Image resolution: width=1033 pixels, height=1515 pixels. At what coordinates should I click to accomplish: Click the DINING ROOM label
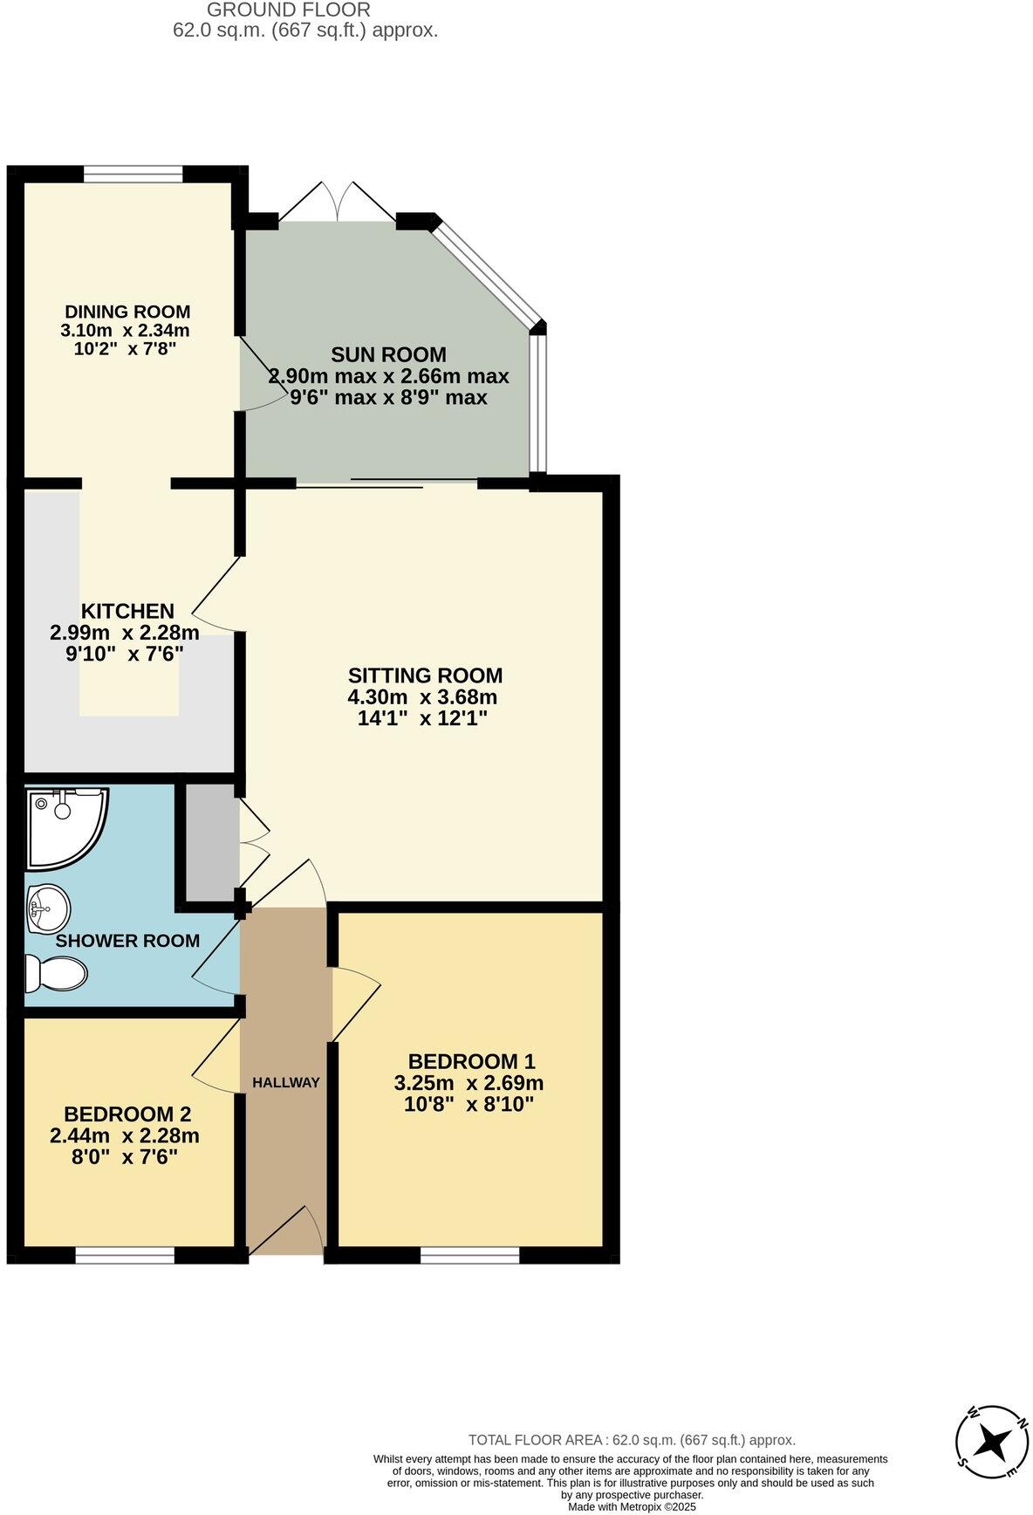pyautogui.click(x=127, y=312)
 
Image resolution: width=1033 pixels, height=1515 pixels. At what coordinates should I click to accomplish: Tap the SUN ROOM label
pyautogui.click(x=388, y=354)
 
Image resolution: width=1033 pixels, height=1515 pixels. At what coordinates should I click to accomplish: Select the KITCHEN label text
pyautogui.click(x=127, y=611)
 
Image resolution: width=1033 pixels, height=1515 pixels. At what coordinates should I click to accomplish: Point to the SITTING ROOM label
pyautogui.click(x=425, y=675)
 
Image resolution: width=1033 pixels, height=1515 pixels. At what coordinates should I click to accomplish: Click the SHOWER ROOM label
pyautogui.click(x=127, y=941)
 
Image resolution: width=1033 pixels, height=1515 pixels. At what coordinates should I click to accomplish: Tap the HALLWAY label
pyautogui.click(x=286, y=1082)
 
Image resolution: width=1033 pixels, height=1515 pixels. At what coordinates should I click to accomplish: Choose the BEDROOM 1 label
pyautogui.click(x=471, y=1061)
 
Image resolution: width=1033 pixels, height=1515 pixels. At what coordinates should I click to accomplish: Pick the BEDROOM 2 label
pyautogui.click(x=127, y=1114)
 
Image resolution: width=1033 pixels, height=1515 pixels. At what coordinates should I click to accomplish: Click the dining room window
pyautogui.click(x=133, y=174)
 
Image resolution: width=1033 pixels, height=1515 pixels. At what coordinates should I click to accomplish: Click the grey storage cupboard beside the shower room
pyautogui.click(x=208, y=842)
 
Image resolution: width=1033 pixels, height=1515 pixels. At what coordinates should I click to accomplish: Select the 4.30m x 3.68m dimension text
pyautogui.click(x=422, y=697)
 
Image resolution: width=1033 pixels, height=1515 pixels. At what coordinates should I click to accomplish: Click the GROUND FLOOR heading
pyautogui.click(x=289, y=10)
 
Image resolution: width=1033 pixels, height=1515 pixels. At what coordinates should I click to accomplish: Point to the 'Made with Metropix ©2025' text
pyautogui.click(x=632, y=1506)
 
